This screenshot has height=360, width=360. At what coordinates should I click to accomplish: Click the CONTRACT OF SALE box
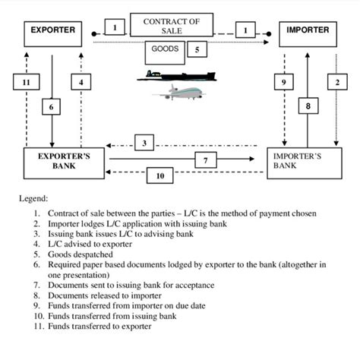click(172, 26)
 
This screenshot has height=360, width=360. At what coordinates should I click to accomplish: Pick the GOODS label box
click(166, 52)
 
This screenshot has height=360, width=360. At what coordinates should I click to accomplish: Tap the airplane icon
click(180, 93)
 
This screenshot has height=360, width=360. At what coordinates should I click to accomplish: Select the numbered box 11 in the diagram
click(25, 81)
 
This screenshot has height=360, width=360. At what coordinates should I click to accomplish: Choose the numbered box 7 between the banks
click(207, 159)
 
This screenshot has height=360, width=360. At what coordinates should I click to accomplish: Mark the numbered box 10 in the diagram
click(160, 175)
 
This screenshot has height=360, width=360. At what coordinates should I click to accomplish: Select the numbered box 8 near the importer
click(307, 107)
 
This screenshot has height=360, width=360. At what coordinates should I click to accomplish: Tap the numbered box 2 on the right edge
click(335, 81)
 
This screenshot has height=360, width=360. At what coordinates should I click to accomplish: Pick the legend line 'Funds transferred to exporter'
click(99, 326)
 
